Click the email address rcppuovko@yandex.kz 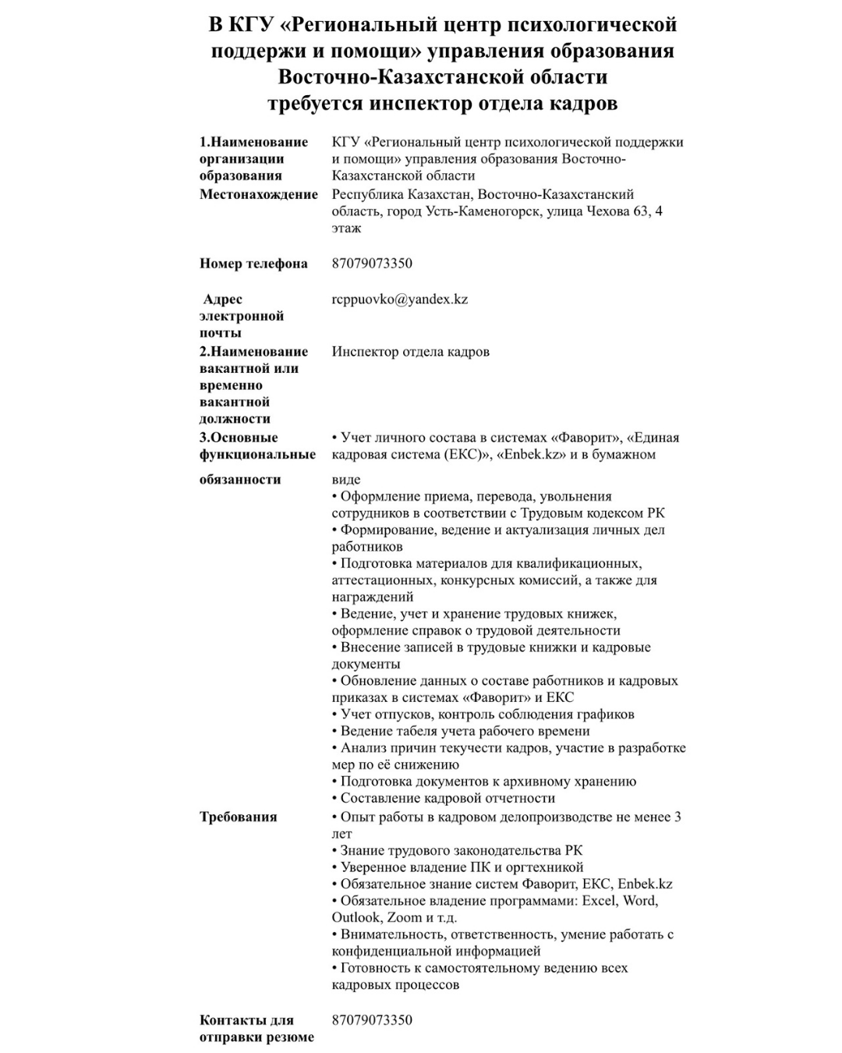[399, 300]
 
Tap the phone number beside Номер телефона [372, 264]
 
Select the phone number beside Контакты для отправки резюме [372, 1020]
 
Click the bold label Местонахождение [259, 194]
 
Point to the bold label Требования [239, 817]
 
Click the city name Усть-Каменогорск [483, 211]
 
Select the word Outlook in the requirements [356, 918]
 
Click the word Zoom [404, 918]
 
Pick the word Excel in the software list [598, 901]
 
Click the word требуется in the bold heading [315, 104]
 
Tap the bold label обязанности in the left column [240, 480]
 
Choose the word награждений [373, 597]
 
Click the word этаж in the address [346, 229]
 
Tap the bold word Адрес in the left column [223, 300]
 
